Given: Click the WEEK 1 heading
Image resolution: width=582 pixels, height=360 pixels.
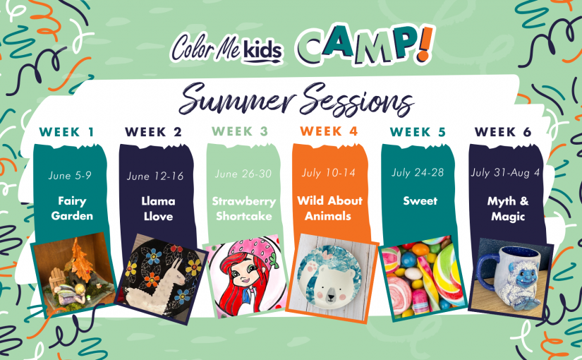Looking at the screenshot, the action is (x=67, y=132).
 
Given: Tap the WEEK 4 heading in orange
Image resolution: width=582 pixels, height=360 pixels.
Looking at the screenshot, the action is (x=329, y=131).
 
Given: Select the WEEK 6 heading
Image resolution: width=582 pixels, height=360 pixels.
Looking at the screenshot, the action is (x=503, y=132).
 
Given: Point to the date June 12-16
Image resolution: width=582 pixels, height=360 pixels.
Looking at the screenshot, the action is (x=155, y=176).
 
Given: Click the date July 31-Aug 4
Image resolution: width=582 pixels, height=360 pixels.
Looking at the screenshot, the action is (x=505, y=173).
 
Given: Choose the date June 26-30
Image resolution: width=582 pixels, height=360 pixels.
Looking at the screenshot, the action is (x=243, y=174).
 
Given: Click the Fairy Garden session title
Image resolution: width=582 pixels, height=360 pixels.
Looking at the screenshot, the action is (x=72, y=208).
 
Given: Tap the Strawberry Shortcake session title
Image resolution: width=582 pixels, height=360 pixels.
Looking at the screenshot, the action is (x=244, y=208).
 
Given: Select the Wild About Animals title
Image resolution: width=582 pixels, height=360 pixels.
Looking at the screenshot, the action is (x=329, y=208).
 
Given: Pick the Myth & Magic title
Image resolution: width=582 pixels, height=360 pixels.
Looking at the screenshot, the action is (x=508, y=209).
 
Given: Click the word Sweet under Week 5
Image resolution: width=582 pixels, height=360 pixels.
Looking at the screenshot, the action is (x=420, y=201).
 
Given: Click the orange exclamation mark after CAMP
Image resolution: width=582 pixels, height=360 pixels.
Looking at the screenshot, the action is (x=426, y=44).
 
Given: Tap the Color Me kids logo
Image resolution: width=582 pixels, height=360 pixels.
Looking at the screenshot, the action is (x=226, y=48).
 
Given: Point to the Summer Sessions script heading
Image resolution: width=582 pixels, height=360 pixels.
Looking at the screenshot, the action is (x=296, y=98).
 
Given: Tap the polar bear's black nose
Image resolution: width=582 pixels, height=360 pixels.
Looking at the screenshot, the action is (x=331, y=296).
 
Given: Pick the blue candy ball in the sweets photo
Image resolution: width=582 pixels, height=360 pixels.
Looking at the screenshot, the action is (x=409, y=260).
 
